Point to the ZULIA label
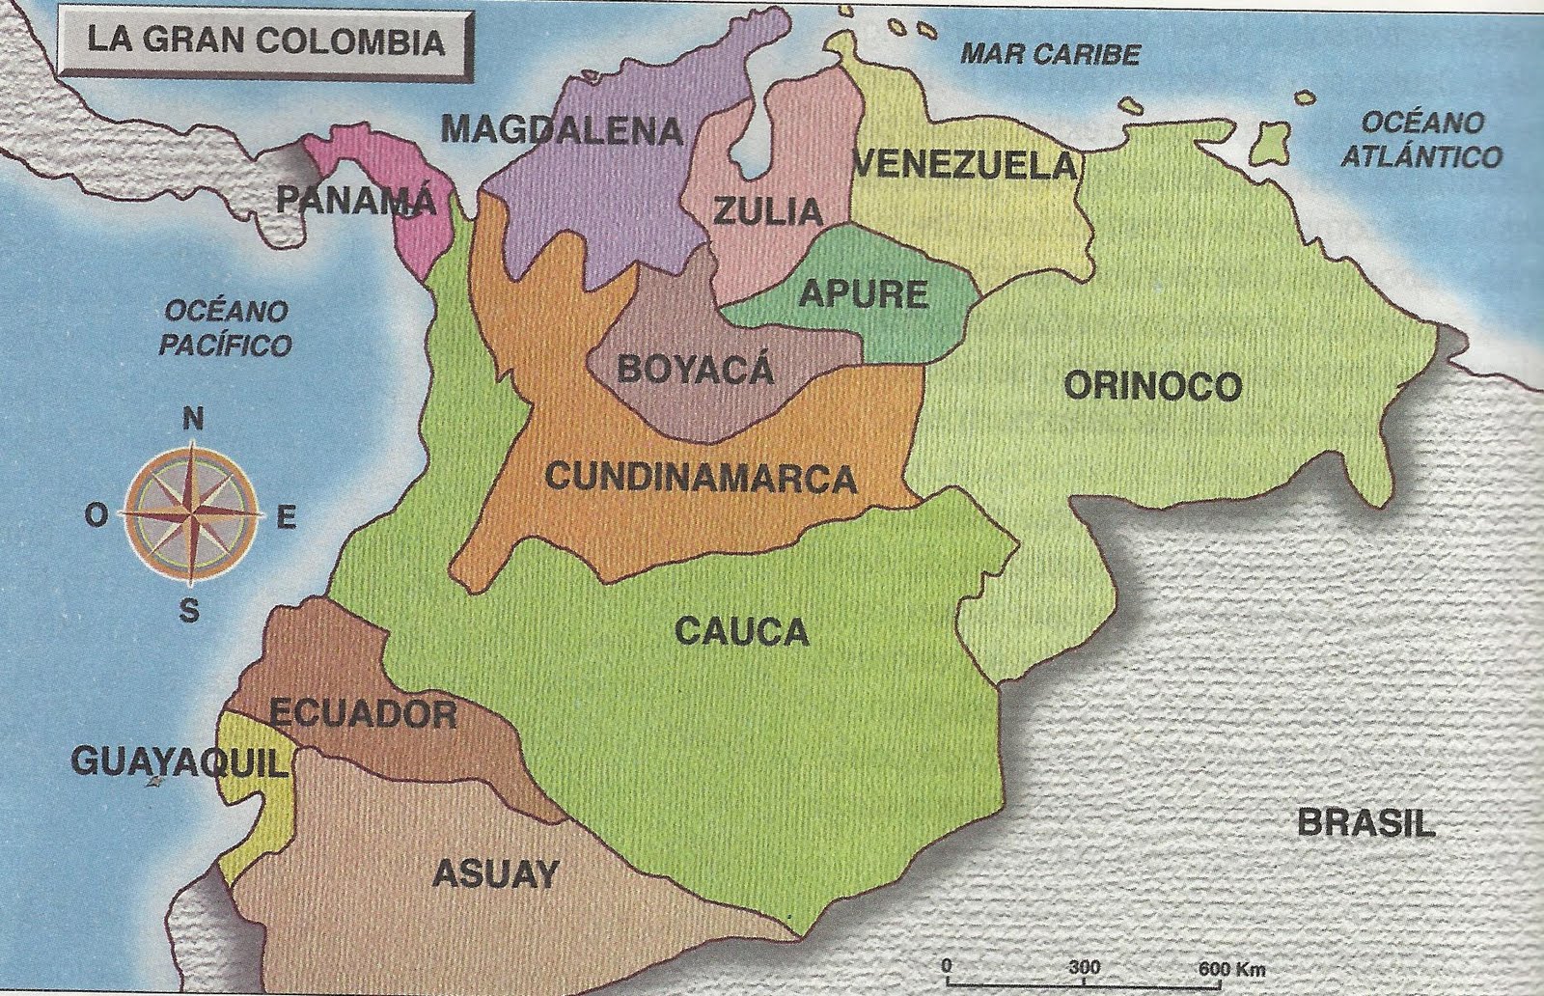point(768,211)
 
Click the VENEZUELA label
point(966,166)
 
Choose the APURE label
point(864,293)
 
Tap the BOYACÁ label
point(695,369)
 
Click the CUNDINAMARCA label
point(701,478)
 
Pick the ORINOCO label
point(1152,386)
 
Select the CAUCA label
point(741,632)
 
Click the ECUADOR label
point(363,714)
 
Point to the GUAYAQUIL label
point(179,763)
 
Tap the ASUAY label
point(495,873)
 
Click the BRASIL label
point(1365,823)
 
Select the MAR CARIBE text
point(1050,54)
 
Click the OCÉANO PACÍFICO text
point(226,328)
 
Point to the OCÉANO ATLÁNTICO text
point(1421,140)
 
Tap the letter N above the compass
point(193,420)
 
